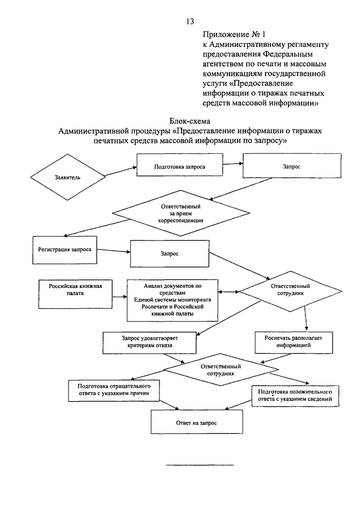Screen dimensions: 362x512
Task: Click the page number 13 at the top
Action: tap(190, 21)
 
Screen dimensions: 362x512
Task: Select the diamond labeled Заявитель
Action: tap(67, 177)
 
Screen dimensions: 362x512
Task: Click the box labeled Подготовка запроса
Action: tap(179, 165)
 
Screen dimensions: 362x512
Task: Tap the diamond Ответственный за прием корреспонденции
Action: tap(181, 213)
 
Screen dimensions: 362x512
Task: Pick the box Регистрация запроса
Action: tap(64, 250)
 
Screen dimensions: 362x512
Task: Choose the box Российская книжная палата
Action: tap(75, 294)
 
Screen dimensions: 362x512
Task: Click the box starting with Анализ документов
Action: tap(173, 300)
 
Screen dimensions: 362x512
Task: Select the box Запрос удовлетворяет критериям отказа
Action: tap(149, 342)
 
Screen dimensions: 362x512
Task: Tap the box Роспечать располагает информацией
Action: tap(294, 342)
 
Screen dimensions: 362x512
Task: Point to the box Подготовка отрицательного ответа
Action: tap(114, 390)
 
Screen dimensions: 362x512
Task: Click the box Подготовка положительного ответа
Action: tap(295, 396)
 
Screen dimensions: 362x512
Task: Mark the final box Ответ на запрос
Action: tap(197, 421)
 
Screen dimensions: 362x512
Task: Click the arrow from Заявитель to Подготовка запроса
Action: tap(121, 171)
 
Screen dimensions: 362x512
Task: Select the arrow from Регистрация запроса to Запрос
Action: tap(114, 251)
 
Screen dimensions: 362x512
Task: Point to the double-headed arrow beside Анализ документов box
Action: tap(229, 292)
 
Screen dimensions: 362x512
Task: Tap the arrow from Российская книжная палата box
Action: tap(119, 297)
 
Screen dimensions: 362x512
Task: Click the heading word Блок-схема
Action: tap(189, 122)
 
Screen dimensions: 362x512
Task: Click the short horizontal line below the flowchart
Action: tap(200, 464)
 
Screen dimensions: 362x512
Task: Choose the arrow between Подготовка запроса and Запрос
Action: tap(232, 164)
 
